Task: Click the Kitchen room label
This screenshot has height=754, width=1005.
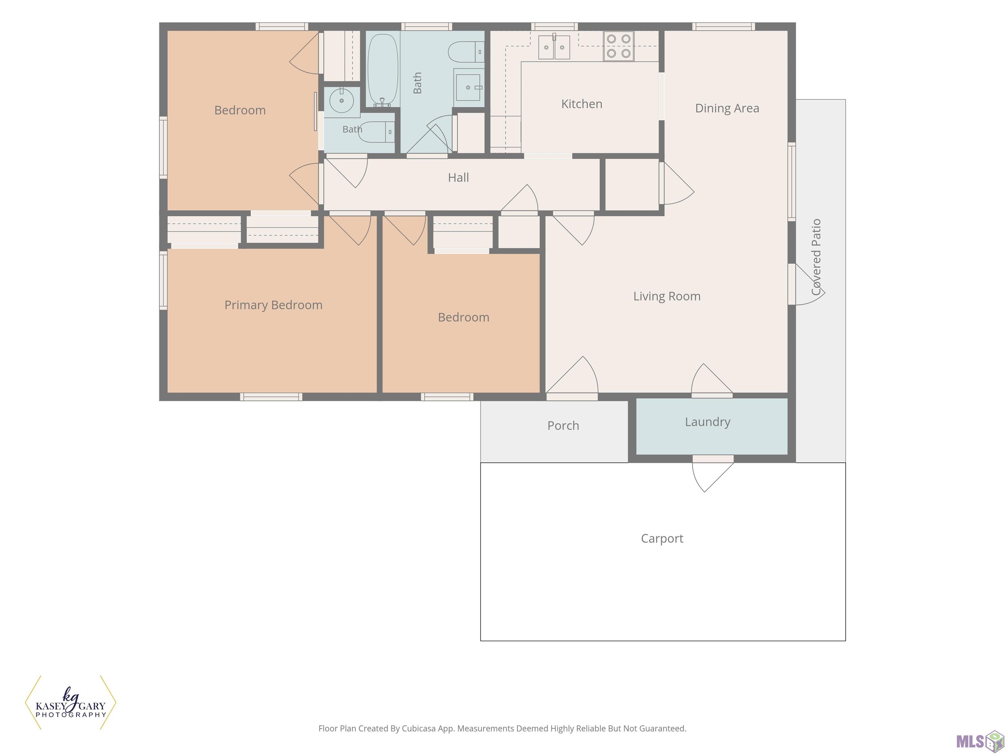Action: coord(582,104)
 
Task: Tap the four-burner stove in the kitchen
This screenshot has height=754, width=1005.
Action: coord(618,46)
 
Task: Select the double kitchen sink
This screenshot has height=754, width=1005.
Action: coord(554,47)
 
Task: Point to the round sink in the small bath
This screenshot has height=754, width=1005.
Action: coord(341,100)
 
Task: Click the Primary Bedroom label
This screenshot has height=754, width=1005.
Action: coord(273,305)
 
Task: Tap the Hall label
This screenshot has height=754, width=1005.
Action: coord(458,177)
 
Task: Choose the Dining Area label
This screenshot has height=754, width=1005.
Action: coord(727,108)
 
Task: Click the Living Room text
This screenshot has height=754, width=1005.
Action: coord(667,296)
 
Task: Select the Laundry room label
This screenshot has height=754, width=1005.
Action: coord(707,422)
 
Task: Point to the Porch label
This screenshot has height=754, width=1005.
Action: coord(563,425)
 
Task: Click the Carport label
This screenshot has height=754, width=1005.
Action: coord(662,539)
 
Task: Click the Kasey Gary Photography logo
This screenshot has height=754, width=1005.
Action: coord(70,702)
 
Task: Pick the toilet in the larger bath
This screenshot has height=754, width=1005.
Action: coord(466,52)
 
